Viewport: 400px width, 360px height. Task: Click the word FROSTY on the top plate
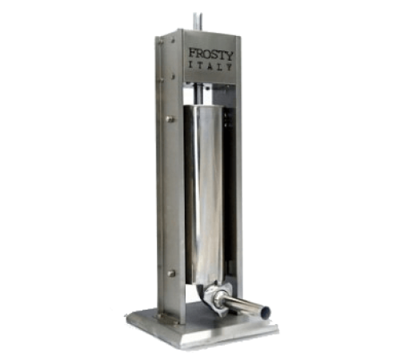click(x=211, y=54)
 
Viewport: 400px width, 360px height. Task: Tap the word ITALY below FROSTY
click(x=210, y=66)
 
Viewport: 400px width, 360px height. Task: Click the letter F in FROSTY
click(x=193, y=52)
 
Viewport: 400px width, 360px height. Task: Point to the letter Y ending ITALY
click(x=229, y=66)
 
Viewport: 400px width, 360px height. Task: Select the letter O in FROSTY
click(x=207, y=54)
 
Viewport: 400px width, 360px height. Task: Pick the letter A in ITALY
click(x=210, y=66)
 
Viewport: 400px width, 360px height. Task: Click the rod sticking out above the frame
click(x=198, y=22)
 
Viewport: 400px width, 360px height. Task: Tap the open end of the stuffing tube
click(x=266, y=311)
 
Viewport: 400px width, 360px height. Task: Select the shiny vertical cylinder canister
click(x=204, y=192)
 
